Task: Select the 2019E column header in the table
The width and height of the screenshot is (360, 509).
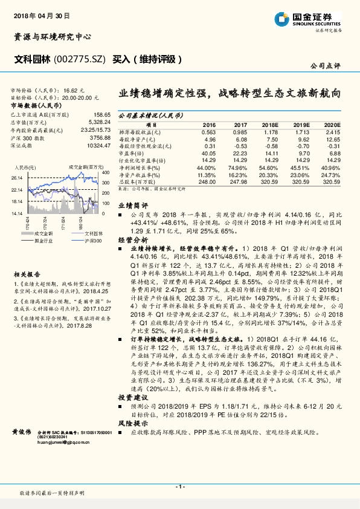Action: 300,124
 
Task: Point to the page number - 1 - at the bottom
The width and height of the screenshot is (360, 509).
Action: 180,486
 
